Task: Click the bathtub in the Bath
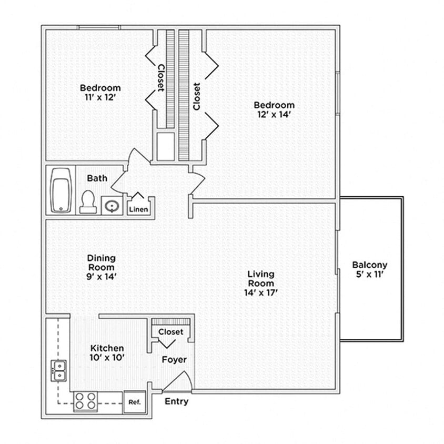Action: point(61,190)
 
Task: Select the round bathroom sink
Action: point(111,205)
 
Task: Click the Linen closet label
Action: point(139,209)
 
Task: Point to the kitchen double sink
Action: point(59,370)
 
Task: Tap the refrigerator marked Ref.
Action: point(134,402)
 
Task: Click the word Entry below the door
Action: point(176,401)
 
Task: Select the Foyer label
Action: point(174,360)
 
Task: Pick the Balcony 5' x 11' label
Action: point(370,269)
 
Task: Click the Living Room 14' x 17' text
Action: point(261,284)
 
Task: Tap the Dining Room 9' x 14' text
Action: point(102,267)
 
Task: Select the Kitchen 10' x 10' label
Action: point(107,352)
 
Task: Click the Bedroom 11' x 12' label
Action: point(100,92)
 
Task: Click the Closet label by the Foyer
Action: point(171,332)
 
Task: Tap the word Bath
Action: point(97,178)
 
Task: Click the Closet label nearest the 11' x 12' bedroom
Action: point(161,77)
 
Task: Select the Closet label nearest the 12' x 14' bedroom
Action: point(197,96)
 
